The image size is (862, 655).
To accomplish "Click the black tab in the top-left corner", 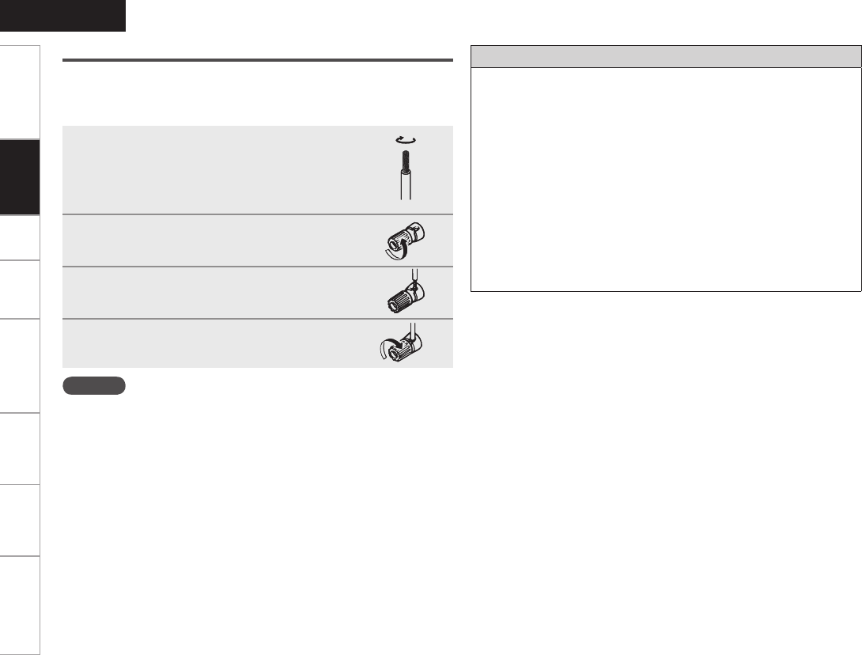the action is click(x=62, y=15).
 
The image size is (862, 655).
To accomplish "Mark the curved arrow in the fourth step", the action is click(x=388, y=348).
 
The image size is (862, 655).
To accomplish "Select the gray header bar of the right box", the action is click(x=665, y=57).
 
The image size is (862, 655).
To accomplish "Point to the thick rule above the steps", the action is click(x=257, y=59).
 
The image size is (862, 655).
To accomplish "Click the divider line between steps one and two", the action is click(x=257, y=214).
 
